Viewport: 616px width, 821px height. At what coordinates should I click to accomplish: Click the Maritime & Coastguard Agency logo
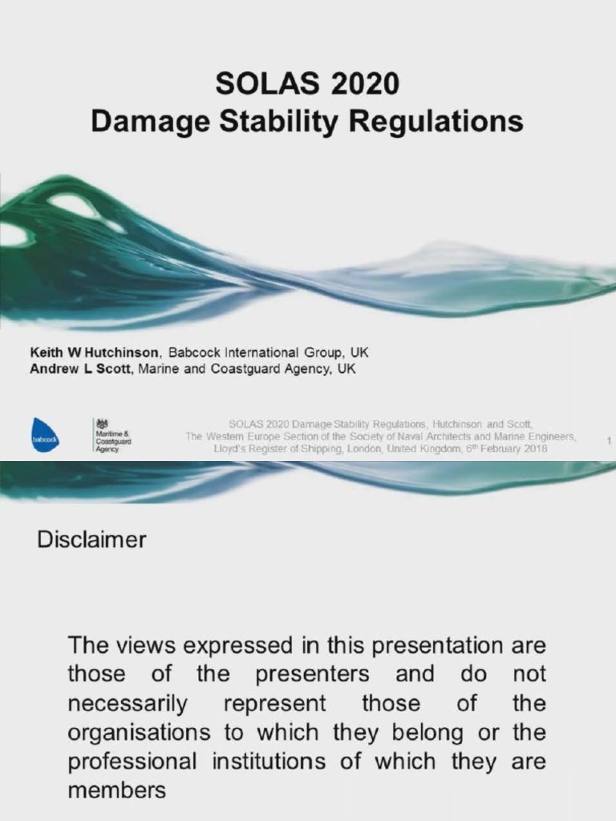pyautogui.click(x=111, y=438)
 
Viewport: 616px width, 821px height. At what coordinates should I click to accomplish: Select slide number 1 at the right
pyautogui.click(x=609, y=440)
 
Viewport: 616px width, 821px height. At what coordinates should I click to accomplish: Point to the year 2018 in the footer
pyautogui.click(x=537, y=449)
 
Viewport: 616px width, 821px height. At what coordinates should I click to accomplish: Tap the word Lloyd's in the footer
pyautogui.click(x=232, y=449)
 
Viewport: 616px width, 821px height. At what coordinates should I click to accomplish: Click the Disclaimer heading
pyautogui.click(x=91, y=540)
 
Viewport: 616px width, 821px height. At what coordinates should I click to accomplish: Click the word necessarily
pyautogui.click(x=128, y=705)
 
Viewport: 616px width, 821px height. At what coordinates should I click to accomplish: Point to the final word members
pyautogui.click(x=116, y=791)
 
